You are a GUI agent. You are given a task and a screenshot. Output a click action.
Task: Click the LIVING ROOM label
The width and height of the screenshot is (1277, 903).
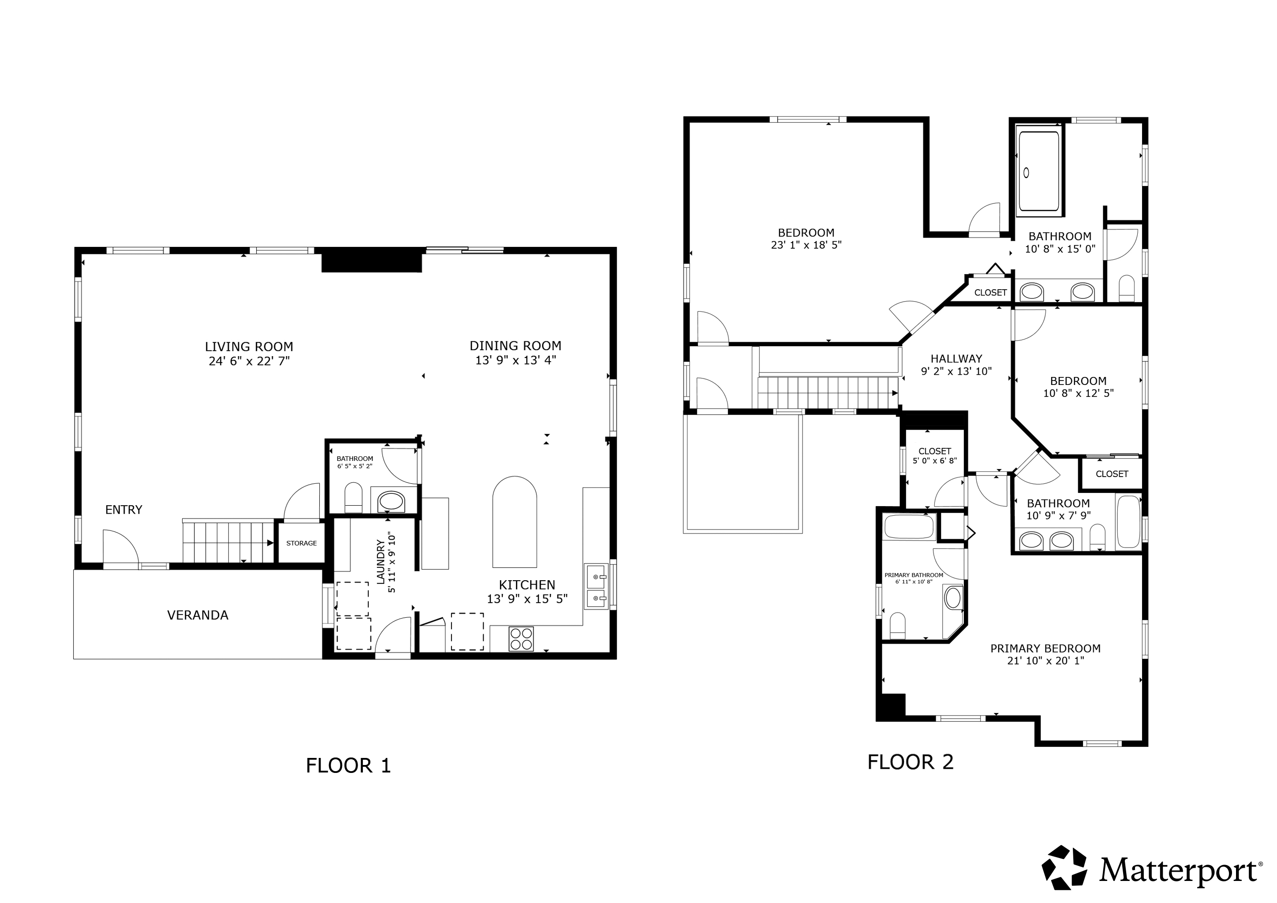(249, 347)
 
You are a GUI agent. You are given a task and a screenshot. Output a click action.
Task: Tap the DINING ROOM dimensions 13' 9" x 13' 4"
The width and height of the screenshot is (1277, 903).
(515, 360)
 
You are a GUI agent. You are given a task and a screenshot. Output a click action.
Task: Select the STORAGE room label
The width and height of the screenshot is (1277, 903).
(302, 543)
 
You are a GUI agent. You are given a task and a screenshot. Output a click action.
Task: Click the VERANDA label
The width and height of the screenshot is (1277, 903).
(198, 615)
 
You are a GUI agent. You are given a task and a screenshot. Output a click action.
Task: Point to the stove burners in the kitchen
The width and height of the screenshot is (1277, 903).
(522, 638)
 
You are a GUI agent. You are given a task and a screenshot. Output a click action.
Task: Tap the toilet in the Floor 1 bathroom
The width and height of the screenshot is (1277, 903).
(354, 498)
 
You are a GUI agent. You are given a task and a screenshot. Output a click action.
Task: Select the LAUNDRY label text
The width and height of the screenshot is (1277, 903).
(381, 562)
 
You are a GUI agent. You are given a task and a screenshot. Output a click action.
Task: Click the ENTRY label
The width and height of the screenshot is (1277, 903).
(123, 510)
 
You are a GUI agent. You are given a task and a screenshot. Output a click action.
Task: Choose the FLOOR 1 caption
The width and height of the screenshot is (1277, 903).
(349, 766)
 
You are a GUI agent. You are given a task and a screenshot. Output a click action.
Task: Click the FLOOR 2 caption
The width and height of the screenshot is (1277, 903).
(911, 762)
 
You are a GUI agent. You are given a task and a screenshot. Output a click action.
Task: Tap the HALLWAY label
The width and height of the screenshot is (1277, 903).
(956, 358)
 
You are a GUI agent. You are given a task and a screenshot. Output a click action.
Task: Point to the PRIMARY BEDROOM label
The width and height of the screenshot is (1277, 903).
(1045, 648)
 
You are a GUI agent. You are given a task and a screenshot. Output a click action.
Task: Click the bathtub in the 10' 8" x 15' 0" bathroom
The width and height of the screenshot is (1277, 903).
(1038, 171)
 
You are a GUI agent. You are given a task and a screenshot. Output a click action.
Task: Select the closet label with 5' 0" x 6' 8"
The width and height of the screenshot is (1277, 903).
(935, 451)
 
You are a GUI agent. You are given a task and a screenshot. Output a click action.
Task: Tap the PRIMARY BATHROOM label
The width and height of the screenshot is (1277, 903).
(914, 575)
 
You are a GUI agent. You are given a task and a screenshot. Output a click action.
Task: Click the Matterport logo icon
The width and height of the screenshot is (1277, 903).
(1064, 868)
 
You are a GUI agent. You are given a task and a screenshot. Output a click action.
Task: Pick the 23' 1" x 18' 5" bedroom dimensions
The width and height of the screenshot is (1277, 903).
(807, 245)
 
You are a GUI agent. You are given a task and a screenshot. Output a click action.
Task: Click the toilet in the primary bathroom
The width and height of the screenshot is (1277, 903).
(898, 626)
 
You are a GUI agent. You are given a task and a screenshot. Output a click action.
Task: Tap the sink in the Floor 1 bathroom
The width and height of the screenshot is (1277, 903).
(391, 501)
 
